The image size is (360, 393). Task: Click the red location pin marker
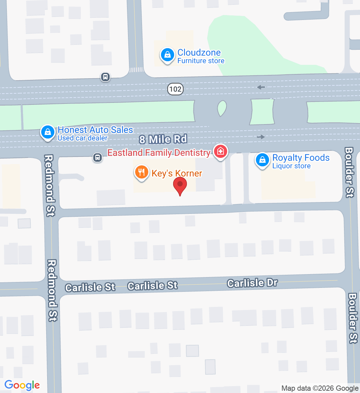(180, 185)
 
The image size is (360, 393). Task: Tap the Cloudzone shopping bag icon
(167, 55)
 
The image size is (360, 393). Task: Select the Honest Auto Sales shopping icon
(48, 133)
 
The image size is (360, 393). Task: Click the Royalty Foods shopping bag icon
(262, 160)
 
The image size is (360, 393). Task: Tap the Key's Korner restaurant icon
(141, 172)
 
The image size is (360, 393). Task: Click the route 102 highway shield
(175, 89)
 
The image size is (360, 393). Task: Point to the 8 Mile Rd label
(163, 139)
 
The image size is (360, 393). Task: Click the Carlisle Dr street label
(252, 283)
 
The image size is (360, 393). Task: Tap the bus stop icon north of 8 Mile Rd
(105, 77)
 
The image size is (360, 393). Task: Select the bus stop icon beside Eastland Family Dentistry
(97, 158)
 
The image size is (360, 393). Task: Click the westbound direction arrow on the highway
(261, 87)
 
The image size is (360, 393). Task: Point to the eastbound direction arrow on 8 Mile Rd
(261, 137)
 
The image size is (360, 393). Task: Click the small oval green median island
(222, 108)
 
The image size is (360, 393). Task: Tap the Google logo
(22, 385)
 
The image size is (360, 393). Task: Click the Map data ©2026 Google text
(320, 388)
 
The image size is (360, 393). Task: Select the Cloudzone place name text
(199, 52)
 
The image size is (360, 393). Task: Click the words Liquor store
(291, 166)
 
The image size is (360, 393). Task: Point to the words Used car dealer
(82, 138)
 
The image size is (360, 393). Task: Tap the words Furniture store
(201, 61)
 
